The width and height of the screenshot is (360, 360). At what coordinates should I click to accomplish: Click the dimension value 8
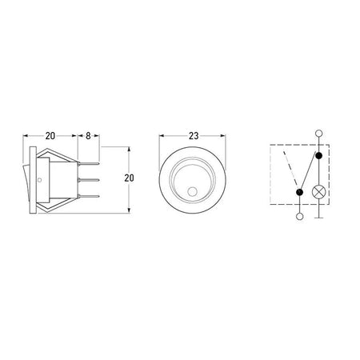coord(88,136)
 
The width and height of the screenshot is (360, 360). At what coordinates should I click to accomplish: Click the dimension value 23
coord(194,136)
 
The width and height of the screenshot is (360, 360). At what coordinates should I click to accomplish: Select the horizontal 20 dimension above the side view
coord(50,136)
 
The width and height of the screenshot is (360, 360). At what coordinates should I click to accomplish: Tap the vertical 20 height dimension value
coord(129,178)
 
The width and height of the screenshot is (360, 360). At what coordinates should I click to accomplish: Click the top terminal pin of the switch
coord(89,163)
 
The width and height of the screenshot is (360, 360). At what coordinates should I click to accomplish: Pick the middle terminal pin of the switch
coord(89,180)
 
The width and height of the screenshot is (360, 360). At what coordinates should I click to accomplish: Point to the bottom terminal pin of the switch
coord(89,196)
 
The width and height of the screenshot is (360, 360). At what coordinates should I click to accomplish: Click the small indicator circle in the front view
coord(192,191)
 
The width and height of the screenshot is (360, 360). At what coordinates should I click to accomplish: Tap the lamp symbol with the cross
coord(319,192)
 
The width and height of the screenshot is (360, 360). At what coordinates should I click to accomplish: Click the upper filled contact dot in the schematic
coord(318,155)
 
